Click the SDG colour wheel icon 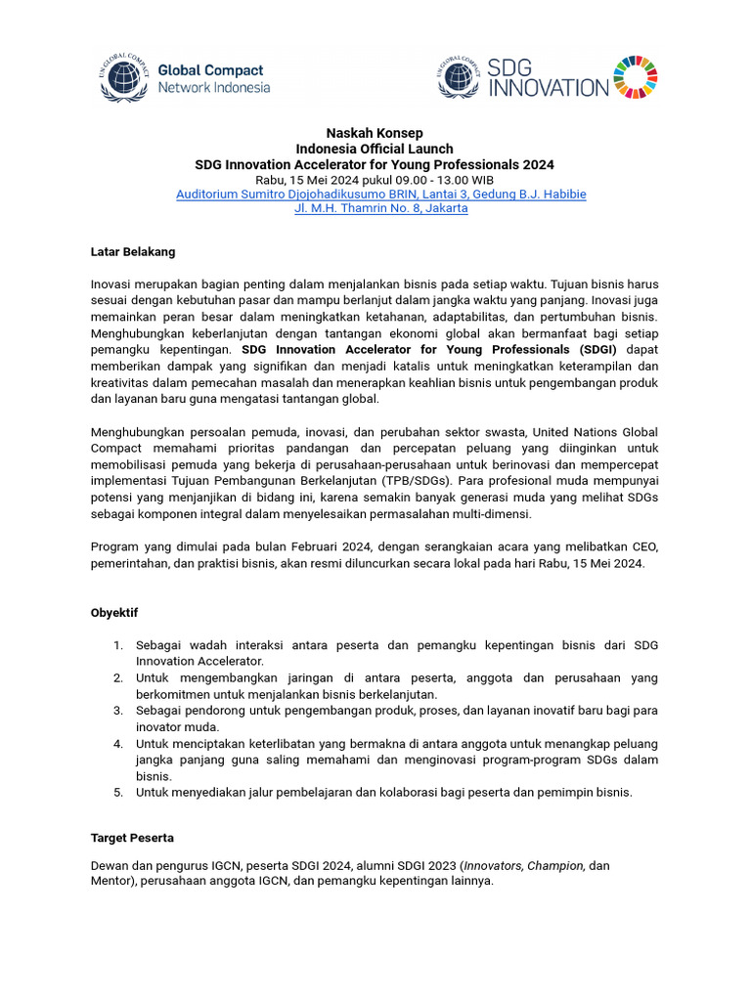(x=636, y=78)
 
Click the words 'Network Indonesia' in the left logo (x=213, y=87)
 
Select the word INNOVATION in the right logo (x=549, y=88)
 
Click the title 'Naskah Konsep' (x=375, y=133)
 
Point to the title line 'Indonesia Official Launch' (x=375, y=149)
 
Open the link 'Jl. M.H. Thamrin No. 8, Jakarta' (x=381, y=208)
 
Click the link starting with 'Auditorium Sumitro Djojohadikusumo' (x=381, y=194)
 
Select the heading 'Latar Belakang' (x=133, y=251)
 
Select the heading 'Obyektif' (x=114, y=613)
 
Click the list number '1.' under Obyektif (x=117, y=645)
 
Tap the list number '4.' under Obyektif (x=117, y=744)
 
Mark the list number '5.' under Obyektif (x=117, y=793)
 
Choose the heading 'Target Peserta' (x=132, y=839)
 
